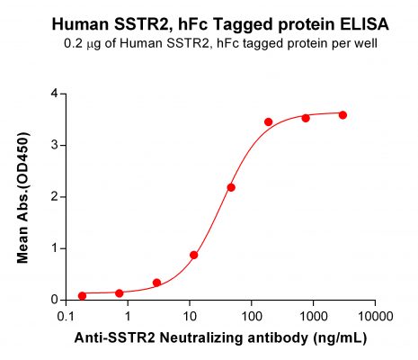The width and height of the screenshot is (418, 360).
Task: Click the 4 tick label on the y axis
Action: click(x=55, y=94)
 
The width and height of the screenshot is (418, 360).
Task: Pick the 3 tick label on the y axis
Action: click(x=55, y=145)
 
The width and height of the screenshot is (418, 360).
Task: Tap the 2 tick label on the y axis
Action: click(x=55, y=196)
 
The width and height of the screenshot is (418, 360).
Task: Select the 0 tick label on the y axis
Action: click(x=55, y=300)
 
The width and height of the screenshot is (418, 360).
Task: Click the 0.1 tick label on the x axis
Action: click(x=66, y=317)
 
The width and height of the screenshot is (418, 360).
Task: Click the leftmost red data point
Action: click(x=82, y=295)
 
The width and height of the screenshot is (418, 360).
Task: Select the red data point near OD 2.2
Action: click(x=231, y=187)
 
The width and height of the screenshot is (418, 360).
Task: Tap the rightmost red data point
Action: click(x=342, y=115)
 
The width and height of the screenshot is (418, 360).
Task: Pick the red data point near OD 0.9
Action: click(x=194, y=255)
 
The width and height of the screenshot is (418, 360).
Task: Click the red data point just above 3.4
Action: click(x=268, y=121)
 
